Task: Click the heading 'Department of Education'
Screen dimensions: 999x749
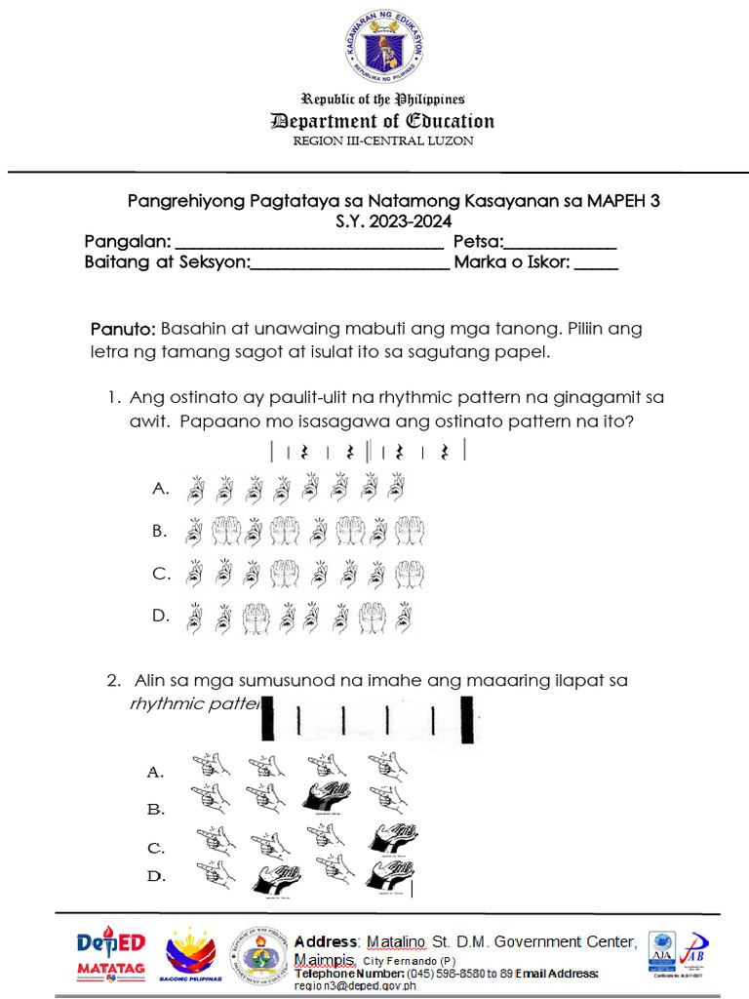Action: [x=382, y=121]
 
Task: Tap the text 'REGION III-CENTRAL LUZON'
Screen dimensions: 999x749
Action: [x=383, y=140]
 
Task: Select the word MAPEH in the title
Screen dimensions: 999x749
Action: [x=614, y=201]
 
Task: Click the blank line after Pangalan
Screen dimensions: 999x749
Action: [x=308, y=244]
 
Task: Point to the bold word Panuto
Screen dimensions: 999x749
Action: [x=123, y=329]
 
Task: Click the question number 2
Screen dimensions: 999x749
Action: [x=114, y=680]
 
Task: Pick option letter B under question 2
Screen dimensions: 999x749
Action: [x=156, y=809]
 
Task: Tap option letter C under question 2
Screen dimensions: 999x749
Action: [x=156, y=848]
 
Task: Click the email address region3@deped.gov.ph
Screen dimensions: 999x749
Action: [x=355, y=985]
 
